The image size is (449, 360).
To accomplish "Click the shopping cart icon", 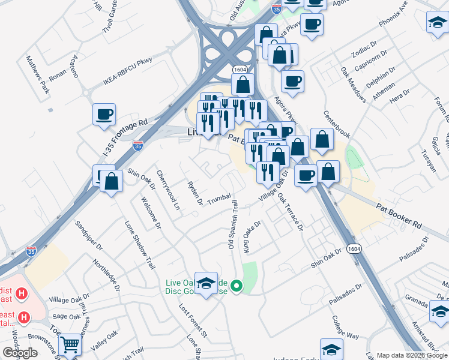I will [71, 345].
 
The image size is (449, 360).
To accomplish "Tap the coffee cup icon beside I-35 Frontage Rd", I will [104, 114].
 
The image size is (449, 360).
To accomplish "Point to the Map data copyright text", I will [412, 355].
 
